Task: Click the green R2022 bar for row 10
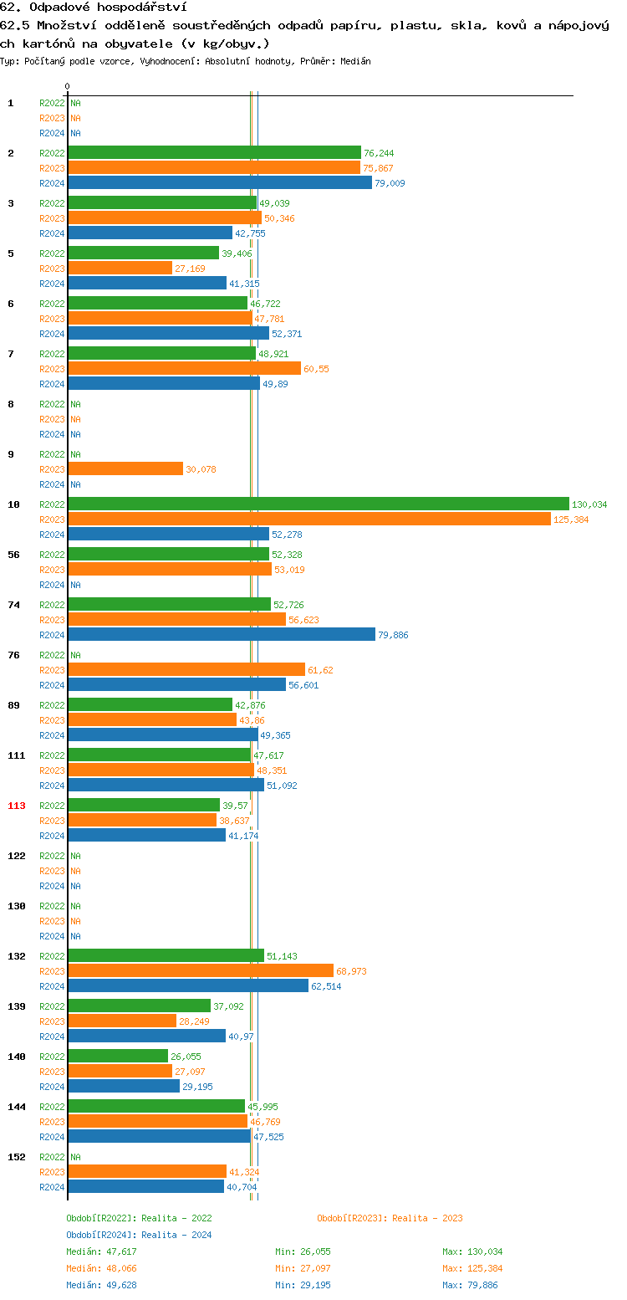click(x=318, y=504)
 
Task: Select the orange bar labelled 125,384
click(x=309, y=519)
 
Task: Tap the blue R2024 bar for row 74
click(x=222, y=634)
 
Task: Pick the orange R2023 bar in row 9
click(x=125, y=468)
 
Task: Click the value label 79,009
click(x=390, y=183)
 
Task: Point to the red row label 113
click(x=17, y=806)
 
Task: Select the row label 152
click(x=17, y=1157)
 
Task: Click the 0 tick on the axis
click(x=68, y=86)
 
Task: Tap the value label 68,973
click(x=351, y=971)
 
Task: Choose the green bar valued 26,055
click(x=118, y=1056)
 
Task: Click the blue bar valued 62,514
click(x=188, y=985)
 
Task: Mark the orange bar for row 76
click(x=186, y=669)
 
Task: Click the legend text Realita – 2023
click(x=427, y=1218)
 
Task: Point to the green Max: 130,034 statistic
click(x=472, y=1251)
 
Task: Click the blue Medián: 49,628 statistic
click(x=101, y=1285)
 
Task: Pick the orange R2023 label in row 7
click(x=52, y=369)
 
